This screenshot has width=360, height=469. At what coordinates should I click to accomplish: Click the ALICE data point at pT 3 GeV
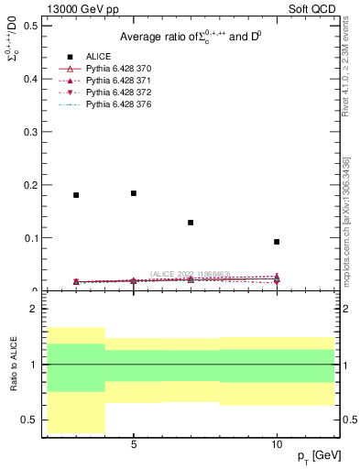tap(76, 195)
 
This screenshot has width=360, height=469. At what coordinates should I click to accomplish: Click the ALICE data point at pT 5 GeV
tap(134, 193)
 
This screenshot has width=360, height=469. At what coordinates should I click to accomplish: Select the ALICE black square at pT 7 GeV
tap(191, 223)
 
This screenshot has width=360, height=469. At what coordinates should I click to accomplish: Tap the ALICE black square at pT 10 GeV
tap(277, 242)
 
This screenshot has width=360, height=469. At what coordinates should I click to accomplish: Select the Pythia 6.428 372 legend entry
tap(118, 93)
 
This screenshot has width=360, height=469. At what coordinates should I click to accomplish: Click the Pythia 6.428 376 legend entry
tap(118, 104)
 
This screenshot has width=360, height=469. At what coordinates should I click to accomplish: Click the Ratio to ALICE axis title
tap(14, 365)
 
